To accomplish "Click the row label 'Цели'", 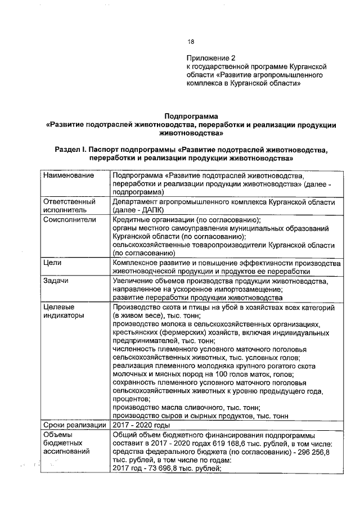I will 52,263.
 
